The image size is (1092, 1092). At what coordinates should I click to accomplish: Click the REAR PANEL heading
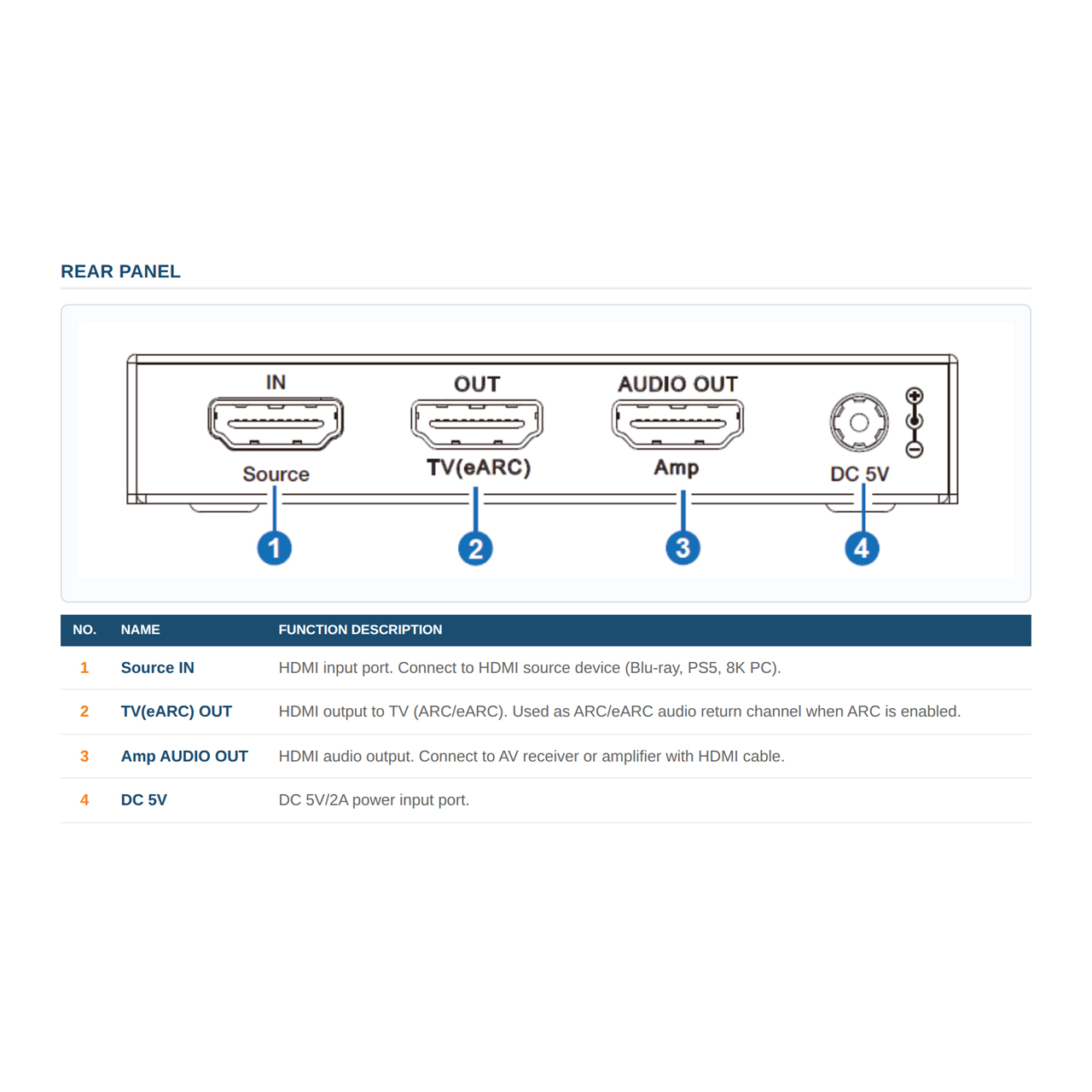pyautogui.click(x=120, y=271)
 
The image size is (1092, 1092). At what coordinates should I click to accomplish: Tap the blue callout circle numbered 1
pyautogui.click(x=274, y=548)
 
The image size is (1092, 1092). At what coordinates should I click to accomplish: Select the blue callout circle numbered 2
pyautogui.click(x=475, y=548)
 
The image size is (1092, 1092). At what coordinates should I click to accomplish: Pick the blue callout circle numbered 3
pyautogui.click(x=682, y=548)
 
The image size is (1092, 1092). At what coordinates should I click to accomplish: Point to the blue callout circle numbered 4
pyautogui.click(x=862, y=548)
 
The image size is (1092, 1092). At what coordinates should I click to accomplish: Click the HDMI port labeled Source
pyautogui.click(x=276, y=423)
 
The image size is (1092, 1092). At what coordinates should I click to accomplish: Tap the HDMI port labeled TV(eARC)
pyautogui.click(x=477, y=424)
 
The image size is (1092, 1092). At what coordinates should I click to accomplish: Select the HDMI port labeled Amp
pyautogui.click(x=677, y=424)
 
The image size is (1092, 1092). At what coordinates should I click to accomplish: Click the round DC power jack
pyautogui.click(x=859, y=422)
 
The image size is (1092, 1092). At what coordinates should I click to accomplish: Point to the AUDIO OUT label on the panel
pyautogui.click(x=677, y=384)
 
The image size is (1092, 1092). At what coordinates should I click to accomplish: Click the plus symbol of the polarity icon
pyautogui.click(x=914, y=396)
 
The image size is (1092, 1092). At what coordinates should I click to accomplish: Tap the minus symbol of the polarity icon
pyautogui.click(x=914, y=450)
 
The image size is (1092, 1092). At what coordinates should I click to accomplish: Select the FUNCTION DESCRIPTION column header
pyautogui.click(x=360, y=630)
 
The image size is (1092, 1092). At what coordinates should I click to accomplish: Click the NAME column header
pyautogui.click(x=140, y=630)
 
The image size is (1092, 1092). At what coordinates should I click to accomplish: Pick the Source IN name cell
pyautogui.click(x=158, y=667)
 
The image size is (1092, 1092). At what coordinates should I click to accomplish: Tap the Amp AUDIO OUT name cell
pyautogui.click(x=184, y=756)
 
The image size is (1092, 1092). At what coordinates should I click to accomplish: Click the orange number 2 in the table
pyautogui.click(x=84, y=712)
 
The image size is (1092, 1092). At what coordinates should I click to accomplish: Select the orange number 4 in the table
pyautogui.click(x=84, y=799)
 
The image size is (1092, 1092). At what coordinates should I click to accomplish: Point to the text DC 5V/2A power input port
pyautogui.click(x=374, y=800)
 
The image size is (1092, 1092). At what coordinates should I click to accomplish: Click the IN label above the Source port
pyautogui.click(x=276, y=382)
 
